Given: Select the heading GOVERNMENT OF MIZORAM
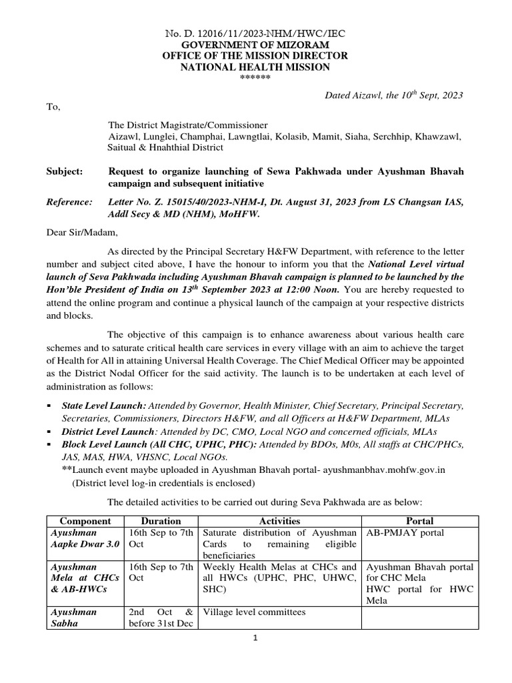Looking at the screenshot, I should (255, 44).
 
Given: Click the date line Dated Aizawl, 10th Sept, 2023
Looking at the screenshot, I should (393, 95).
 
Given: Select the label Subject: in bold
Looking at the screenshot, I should (65, 171).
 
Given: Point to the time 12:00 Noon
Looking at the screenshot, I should (309, 290).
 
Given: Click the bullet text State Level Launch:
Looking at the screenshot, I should (104, 406).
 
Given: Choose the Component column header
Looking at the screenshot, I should (84, 521).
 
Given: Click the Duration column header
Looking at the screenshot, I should (161, 521).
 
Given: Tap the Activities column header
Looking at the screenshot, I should (279, 521).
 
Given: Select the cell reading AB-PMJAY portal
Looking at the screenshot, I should (400, 533).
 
